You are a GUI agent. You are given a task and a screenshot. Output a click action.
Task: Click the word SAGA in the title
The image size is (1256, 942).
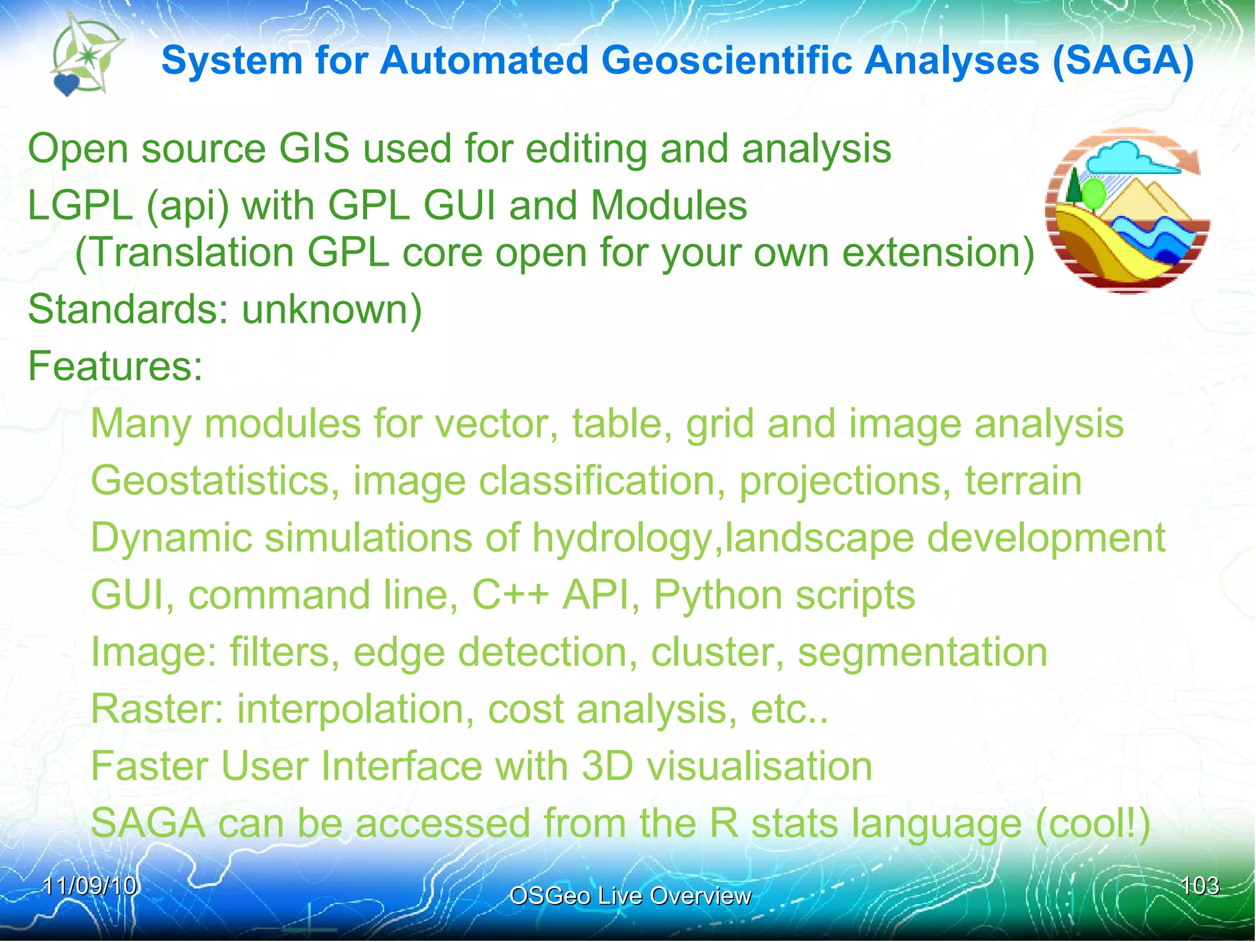pos(1123,61)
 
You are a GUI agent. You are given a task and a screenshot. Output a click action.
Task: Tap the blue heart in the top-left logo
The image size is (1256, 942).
pos(66,84)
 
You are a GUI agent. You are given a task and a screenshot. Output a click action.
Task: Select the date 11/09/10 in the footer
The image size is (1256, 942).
pos(90,886)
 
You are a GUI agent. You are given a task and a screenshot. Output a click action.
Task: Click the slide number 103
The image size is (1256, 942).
pos(1200,886)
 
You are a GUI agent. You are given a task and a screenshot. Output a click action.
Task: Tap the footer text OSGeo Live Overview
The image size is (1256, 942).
pos(630,896)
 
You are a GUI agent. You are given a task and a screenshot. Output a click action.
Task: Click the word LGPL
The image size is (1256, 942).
pos(80,205)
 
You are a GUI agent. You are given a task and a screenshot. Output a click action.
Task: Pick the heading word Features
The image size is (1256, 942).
pos(115,366)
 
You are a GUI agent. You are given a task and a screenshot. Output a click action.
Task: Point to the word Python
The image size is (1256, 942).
pos(718,595)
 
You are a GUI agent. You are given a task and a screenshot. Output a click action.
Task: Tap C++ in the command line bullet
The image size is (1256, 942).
pos(510,595)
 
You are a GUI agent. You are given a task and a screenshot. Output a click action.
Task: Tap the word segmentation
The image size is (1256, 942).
pos(922,652)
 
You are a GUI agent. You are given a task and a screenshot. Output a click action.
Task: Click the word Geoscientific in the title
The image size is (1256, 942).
pos(726,61)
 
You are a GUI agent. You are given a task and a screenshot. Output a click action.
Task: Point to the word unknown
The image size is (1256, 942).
pos(332,309)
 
